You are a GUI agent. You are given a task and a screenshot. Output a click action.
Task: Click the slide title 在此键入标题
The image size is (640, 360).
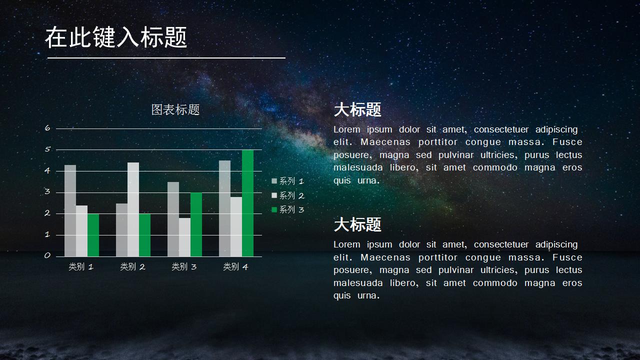[116, 37]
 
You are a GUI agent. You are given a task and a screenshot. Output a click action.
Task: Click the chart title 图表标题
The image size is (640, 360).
[175, 110]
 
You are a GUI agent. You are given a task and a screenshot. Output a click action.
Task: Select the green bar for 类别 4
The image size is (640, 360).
[247, 203]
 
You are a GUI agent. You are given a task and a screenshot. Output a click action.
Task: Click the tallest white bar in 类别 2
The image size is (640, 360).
[133, 209]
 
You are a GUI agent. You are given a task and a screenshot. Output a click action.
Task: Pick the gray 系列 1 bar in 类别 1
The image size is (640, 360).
[70, 210]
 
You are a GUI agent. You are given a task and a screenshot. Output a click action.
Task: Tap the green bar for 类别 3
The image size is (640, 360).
[196, 224]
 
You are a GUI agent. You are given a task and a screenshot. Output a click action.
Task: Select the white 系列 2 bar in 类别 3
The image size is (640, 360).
[184, 237]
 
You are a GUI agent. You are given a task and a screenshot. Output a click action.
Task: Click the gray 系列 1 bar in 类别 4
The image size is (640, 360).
[224, 208]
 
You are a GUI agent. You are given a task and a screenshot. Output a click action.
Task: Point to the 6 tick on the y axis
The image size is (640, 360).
[47, 128]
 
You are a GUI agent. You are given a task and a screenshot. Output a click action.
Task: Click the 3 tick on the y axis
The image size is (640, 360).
[47, 191]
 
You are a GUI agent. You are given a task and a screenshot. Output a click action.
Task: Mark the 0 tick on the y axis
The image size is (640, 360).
[47, 255]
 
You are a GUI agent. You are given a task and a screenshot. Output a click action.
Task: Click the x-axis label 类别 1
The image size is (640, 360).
[81, 267]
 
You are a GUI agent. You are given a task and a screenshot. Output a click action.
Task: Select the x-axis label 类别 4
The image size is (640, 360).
[235, 267]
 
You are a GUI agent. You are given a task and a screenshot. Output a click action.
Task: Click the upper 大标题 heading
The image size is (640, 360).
[357, 109]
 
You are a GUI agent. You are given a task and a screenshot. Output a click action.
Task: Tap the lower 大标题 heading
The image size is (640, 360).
[357, 224]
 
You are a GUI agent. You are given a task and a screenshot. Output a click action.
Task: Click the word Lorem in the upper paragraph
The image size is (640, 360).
[346, 129]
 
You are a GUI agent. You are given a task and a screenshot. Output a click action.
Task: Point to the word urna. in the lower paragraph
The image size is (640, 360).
[368, 295]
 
